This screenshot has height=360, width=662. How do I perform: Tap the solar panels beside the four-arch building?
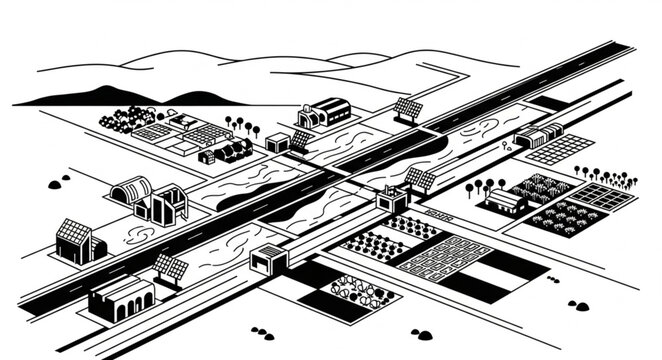(x=172, y=268)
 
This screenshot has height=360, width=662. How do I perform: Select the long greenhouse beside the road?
(x=535, y=136)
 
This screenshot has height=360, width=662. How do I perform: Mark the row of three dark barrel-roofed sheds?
(x=232, y=152)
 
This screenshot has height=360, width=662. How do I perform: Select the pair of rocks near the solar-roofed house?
(x=57, y=185)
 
